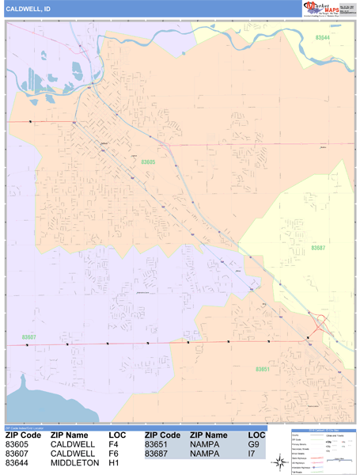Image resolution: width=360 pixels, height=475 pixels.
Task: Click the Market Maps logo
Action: point(326,9)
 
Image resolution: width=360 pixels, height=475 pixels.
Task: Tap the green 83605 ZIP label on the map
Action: point(148,161)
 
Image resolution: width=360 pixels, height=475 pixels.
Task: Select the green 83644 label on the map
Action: point(322,37)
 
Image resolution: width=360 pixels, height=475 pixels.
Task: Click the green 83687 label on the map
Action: point(318,248)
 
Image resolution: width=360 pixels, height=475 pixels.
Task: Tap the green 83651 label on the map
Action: point(263,370)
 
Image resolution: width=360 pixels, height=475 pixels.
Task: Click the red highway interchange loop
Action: point(320,323)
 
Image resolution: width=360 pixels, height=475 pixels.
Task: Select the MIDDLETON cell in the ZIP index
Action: point(74,463)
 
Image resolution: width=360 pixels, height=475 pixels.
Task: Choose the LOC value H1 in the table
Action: point(114,463)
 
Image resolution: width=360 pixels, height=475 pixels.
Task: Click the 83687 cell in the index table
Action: point(159,454)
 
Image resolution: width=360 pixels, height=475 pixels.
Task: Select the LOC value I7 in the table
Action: point(252,454)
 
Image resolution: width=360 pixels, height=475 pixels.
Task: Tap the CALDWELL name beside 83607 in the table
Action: point(73,454)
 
